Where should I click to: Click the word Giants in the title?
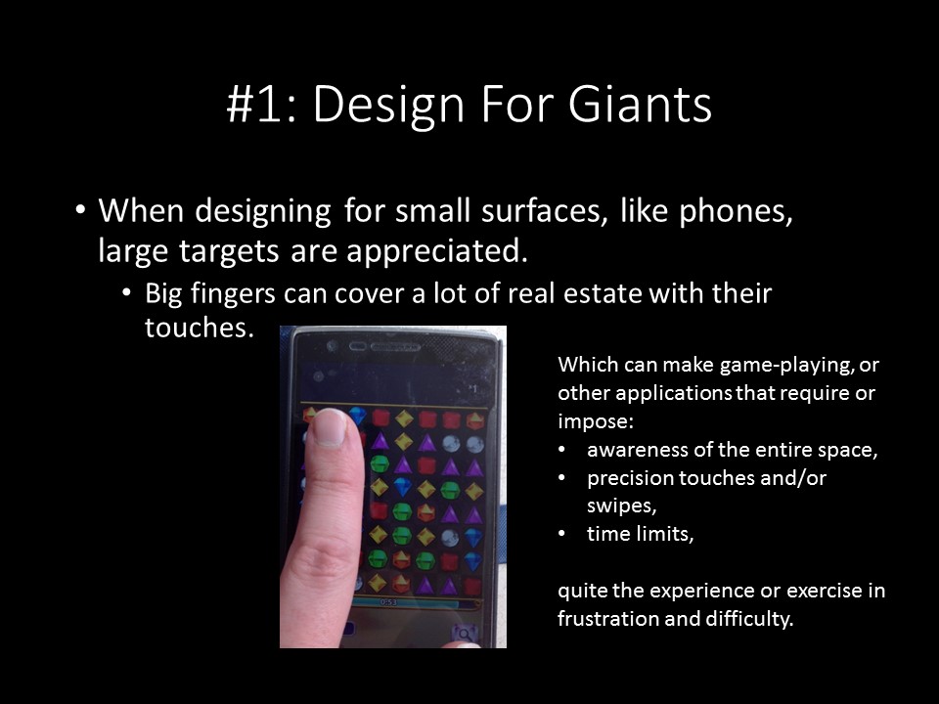point(640,104)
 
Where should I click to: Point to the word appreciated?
point(438,251)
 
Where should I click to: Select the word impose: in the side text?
point(596,421)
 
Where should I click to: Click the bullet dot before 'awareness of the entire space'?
point(561,450)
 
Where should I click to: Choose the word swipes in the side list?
point(622,506)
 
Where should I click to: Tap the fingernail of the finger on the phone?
point(330,427)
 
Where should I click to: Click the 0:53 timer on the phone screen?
point(388,601)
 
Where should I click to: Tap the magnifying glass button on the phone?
point(464,633)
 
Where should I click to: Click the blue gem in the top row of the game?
point(358,416)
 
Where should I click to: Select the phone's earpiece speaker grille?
point(394,346)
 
